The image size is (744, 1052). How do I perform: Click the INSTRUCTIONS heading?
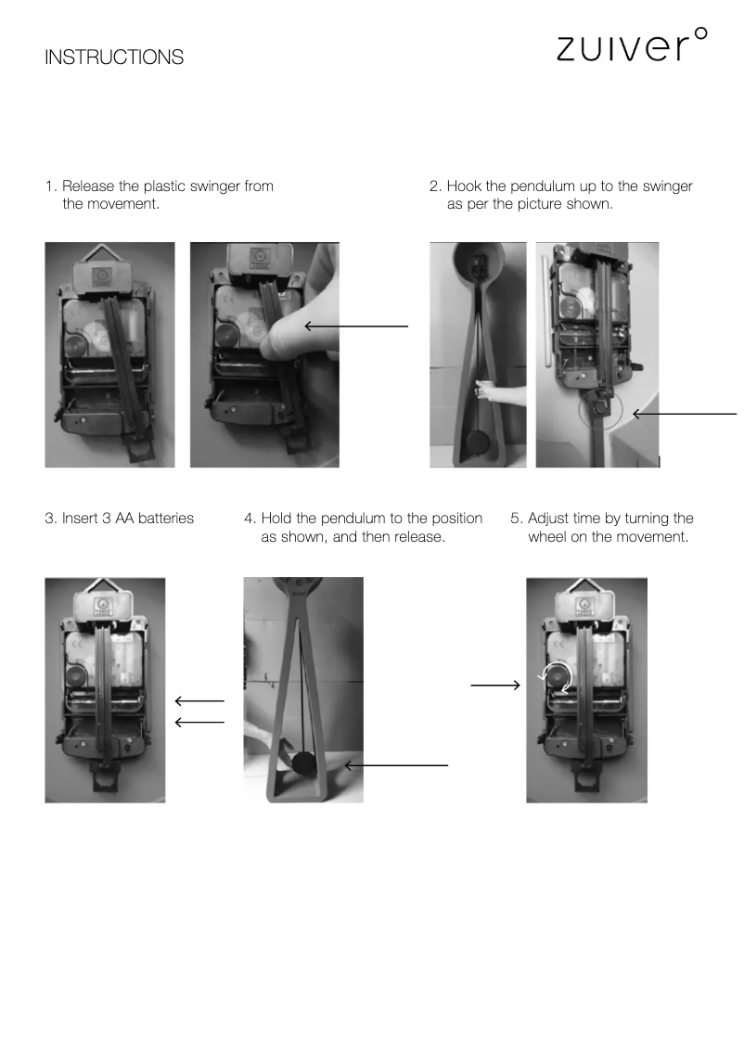click(x=114, y=57)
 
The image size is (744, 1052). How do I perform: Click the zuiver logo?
click(x=632, y=45)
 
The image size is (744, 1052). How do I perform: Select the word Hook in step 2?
click(x=464, y=186)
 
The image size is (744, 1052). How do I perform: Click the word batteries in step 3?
click(x=166, y=518)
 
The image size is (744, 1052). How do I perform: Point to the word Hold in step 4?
click(x=276, y=518)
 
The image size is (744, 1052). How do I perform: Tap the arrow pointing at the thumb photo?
click(x=356, y=326)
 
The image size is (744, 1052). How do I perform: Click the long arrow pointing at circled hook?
click(x=685, y=414)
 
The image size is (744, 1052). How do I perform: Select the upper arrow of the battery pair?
click(x=199, y=701)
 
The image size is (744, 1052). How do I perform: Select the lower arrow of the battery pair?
click(x=199, y=722)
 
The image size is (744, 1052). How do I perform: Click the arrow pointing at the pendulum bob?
click(x=396, y=765)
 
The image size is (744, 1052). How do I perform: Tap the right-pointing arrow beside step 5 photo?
click(x=495, y=685)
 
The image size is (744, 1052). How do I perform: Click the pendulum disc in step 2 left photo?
click(x=478, y=443)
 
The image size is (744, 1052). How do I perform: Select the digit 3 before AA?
click(x=106, y=518)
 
